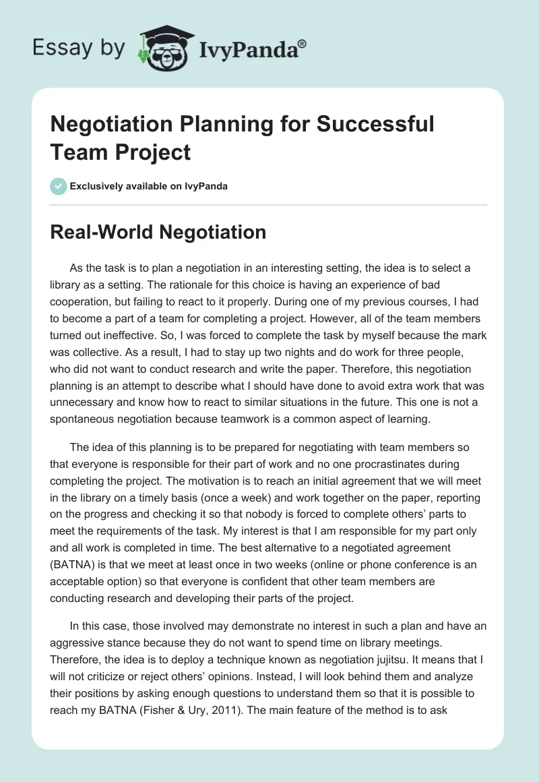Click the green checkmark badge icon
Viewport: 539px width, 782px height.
point(59,186)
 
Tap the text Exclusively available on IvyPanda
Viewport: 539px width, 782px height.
point(148,186)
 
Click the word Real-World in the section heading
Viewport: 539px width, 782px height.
point(98,233)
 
